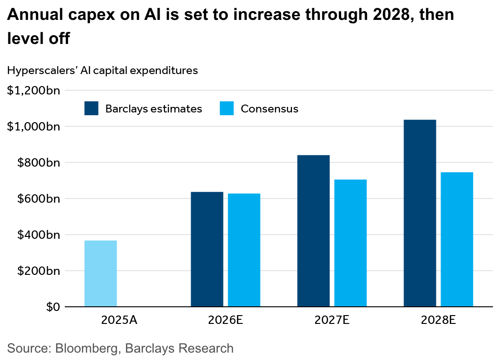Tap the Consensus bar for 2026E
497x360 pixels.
pos(244,250)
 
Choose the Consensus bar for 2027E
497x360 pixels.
pos(350,243)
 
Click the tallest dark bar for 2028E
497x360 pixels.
pos(420,213)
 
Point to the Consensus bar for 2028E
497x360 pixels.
pos(457,239)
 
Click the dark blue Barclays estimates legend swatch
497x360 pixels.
pos(91,109)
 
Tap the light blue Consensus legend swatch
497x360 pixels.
pos(227,109)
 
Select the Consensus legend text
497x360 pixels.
pos(269,109)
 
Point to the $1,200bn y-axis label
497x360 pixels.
pos(33,90)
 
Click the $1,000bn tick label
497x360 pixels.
pos(33,126)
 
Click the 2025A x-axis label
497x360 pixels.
pos(119,320)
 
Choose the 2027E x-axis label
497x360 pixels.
pos(332,320)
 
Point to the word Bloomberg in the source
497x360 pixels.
pos(87,348)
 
